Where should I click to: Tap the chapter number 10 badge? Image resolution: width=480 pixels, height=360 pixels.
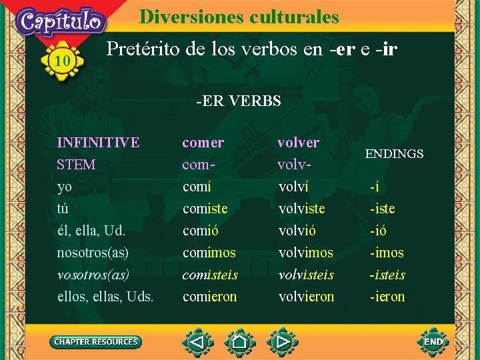tap(62, 62)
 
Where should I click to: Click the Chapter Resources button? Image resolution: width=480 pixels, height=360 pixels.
tap(96, 342)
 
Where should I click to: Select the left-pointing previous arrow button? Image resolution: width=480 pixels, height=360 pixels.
tap(197, 343)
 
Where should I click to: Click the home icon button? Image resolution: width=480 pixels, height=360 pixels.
tap(239, 343)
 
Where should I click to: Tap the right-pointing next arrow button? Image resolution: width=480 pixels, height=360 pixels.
tap(282, 343)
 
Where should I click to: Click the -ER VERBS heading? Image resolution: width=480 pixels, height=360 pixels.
tap(238, 101)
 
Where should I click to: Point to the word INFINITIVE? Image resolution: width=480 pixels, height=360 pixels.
tap(98, 143)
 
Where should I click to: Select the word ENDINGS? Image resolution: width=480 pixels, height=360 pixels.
tap(394, 154)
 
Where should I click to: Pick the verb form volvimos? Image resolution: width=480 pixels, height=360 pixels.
tap(306, 253)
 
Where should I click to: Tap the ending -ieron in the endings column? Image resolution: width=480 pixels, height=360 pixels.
tap(387, 297)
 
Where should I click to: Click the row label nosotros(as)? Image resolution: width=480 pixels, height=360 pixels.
tap(93, 253)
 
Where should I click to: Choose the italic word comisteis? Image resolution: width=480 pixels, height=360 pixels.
tap(210, 275)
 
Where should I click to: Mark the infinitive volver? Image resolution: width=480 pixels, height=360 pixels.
tap(298, 143)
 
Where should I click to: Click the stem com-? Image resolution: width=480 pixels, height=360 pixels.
tap(198, 165)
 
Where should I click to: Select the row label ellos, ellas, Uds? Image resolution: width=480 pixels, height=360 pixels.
tap(105, 297)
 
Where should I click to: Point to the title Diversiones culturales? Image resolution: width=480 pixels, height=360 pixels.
tap(239, 17)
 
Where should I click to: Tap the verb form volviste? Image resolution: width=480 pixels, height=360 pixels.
tap(302, 209)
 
